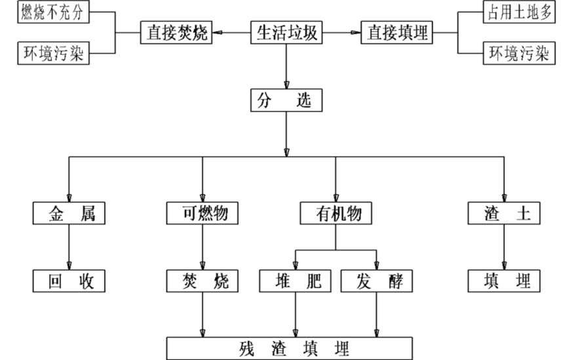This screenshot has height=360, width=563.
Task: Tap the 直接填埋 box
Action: pos(397,32)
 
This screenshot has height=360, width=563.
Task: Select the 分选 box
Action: pos(286,101)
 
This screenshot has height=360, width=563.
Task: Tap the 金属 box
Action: pos(69,213)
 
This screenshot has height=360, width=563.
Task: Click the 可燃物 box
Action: pos(202,213)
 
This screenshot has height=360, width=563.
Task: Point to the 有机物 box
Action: pos(335,213)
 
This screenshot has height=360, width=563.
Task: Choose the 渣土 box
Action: pos(503,213)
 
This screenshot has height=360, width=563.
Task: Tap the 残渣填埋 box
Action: pos(289,347)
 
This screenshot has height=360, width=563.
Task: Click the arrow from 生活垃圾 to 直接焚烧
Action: pos(233,32)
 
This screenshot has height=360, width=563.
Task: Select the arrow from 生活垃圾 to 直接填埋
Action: pos(341,32)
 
